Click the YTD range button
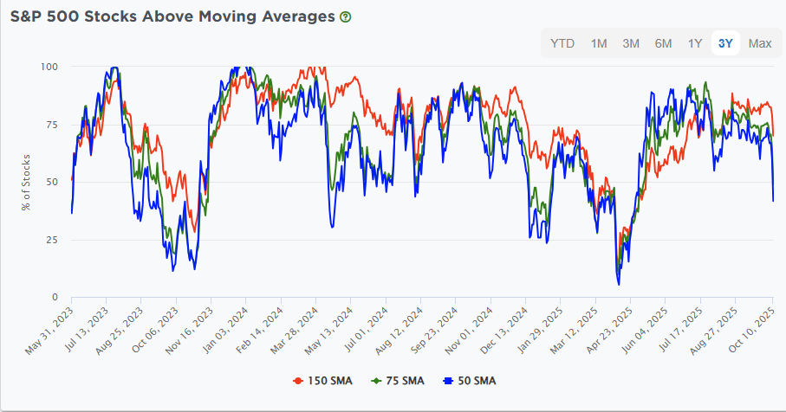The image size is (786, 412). (x=562, y=43)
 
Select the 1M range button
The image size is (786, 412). (x=599, y=43)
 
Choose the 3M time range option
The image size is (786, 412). (x=631, y=43)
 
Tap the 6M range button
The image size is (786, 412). (x=663, y=43)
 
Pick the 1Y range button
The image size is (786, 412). (x=695, y=43)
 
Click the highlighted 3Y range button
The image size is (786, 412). (x=725, y=43)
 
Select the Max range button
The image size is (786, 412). (x=760, y=43)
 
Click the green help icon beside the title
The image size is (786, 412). (x=346, y=16)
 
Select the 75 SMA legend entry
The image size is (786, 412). (x=403, y=380)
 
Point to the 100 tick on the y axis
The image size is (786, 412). (x=49, y=67)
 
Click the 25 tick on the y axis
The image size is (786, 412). (x=52, y=240)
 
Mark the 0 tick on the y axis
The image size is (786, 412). (x=55, y=298)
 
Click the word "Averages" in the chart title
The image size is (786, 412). (x=291, y=16)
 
